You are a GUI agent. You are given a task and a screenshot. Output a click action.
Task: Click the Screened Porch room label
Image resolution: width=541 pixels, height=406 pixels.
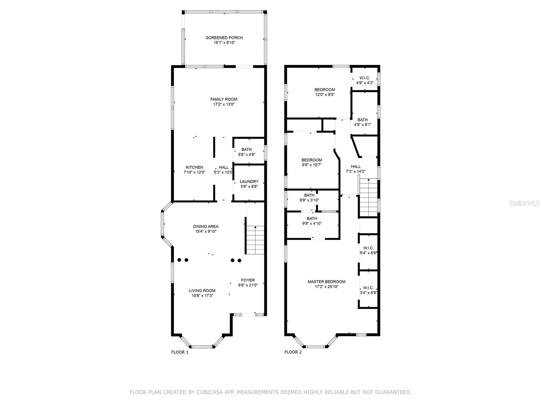click(224, 38)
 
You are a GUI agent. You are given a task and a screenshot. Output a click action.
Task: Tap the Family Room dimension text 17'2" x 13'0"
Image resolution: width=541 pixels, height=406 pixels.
click(224, 105)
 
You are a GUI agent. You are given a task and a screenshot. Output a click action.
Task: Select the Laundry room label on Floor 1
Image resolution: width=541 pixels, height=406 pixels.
click(249, 182)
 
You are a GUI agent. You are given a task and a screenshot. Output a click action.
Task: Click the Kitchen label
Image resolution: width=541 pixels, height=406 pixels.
click(194, 167)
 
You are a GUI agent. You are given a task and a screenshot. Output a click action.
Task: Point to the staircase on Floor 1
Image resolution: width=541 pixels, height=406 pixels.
click(255, 240)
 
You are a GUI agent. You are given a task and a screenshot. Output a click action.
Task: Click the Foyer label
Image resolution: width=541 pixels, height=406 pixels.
click(248, 280)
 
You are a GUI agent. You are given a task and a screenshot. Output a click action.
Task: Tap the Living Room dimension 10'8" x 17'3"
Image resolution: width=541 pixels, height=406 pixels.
click(202, 295)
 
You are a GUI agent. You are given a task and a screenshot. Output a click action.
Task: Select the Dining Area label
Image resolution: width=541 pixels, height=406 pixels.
click(206, 227)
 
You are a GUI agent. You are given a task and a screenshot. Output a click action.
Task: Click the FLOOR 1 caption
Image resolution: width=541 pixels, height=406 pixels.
click(180, 352)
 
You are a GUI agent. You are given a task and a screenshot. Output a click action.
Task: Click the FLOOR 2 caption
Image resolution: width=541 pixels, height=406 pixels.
click(293, 352)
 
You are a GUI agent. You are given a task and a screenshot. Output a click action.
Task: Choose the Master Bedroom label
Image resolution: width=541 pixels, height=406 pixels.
click(326, 282)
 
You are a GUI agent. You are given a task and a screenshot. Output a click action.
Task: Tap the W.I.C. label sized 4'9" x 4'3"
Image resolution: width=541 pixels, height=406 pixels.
click(364, 78)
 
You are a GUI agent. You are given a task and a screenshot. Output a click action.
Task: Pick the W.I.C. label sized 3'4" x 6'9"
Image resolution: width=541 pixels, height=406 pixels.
click(368, 288)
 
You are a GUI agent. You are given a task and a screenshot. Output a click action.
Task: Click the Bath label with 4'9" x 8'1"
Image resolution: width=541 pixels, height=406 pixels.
click(362, 120)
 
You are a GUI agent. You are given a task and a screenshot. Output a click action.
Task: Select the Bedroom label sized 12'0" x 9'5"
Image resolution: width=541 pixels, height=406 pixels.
click(325, 90)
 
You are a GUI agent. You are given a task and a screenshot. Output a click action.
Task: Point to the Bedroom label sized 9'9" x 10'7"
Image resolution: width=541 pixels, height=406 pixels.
click(312, 160)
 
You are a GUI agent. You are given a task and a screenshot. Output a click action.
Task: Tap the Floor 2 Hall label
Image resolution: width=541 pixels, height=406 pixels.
click(356, 166)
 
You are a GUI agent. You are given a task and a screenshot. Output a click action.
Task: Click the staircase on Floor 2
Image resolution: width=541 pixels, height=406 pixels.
click(368, 198)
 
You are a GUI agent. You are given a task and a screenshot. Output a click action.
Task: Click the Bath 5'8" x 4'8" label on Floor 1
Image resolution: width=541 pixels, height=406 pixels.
click(246, 150)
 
